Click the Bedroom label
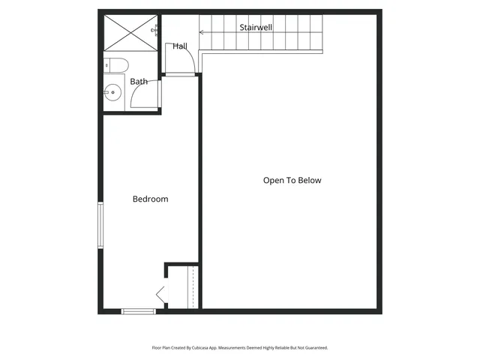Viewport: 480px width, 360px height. pos(150,199)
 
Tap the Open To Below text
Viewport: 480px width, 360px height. pos(292,180)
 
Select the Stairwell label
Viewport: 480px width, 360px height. pos(256,27)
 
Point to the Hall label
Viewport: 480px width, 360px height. pos(180,46)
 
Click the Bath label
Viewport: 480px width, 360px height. pos(139,81)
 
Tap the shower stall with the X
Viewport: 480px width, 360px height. pos(128,32)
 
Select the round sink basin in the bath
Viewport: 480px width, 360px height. pos(112,93)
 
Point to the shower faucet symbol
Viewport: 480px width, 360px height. pos(157,31)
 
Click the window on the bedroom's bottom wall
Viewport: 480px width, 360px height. pos(138,310)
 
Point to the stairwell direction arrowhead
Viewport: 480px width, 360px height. pos(201,31)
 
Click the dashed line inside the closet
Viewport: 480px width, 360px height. pos(193,286)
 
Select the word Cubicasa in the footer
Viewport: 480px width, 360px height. pos(199,348)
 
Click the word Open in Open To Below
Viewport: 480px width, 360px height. pos(273,180)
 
